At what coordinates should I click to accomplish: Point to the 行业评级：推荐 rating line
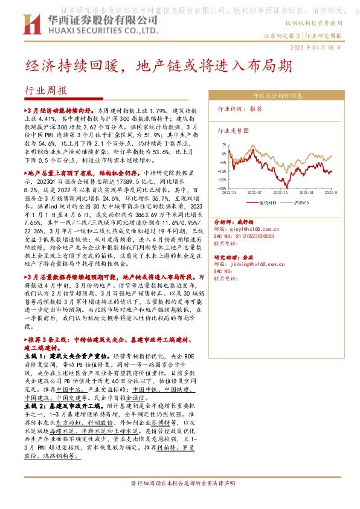pyautogui.click(x=240, y=109)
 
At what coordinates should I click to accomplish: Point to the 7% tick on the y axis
pyautogui.click(x=224, y=145)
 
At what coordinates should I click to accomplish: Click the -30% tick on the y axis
pyautogui.click(x=223, y=188)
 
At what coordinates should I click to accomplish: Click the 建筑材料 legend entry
pyautogui.click(x=266, y=203)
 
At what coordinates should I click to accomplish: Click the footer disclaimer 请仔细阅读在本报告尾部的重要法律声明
pyautogui.click(x=179, y=501)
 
